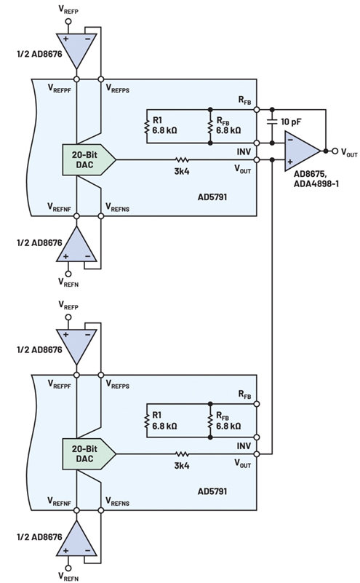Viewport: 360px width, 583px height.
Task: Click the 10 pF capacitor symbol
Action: tap(272, 122)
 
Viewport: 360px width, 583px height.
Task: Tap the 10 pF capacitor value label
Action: tap(290, 122)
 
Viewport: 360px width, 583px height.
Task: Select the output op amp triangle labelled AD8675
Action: tap(303, 151)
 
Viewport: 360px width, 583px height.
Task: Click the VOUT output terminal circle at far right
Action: tap(335, 151)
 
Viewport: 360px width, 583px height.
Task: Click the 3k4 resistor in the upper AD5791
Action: tap(182, 160)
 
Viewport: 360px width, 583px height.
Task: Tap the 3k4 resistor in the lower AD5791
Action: tap(182, 454)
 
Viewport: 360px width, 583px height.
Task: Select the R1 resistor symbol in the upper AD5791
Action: tap(147, 126)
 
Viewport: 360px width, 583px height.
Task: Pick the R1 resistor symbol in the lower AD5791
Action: tap(147, 421)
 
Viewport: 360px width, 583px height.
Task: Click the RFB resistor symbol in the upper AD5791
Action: tap(210, 126)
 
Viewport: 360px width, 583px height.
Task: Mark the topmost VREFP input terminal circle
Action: tap(68, 21)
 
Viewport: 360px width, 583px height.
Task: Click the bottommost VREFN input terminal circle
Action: tap(68, 568)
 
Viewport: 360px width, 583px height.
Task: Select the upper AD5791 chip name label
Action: tap(212, 197)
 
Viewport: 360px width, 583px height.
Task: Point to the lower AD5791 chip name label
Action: tap(212, 491)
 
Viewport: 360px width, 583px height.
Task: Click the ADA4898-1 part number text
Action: tap(316, 183)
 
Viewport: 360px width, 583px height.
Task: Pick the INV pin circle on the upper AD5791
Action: tap(256, 143)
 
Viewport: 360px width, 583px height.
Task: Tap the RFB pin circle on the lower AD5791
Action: tap(256, 404)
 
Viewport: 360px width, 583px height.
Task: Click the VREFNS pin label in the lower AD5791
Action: tap(117, 501)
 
